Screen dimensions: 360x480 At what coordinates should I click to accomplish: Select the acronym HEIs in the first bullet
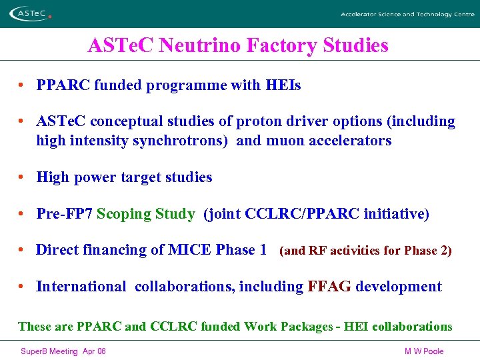(283, 85)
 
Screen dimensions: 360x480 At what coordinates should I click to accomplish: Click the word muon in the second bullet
(285, 141)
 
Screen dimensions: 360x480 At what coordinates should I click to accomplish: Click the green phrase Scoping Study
(146, 214)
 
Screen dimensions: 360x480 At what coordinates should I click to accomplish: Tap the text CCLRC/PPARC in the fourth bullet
(293, 214)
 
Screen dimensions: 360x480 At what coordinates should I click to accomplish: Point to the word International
(81, 287)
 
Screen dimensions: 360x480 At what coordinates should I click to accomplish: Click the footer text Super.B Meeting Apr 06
(63, 351)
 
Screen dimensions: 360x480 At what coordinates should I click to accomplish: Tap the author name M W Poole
(424, 351)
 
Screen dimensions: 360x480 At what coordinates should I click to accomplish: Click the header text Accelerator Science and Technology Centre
(407, 14)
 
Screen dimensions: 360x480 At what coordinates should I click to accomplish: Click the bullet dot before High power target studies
(23, 177)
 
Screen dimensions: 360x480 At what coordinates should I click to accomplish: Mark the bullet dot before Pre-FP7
(23, 214)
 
